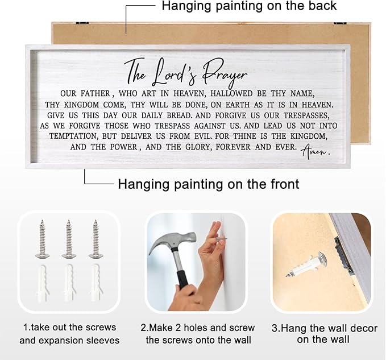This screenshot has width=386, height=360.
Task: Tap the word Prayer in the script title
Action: click(x=225, y=73)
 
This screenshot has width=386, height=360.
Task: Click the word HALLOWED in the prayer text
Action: click(x=231, y=94)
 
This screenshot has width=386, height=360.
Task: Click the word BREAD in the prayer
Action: click(x=180, y=115)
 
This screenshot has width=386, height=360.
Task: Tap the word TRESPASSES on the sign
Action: click(x=306, y=115)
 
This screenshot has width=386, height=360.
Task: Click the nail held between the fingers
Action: click(x=221, y=239)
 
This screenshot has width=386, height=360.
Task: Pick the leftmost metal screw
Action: click(x=42, y=239)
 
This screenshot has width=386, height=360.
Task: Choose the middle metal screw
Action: click(x=69, y=239)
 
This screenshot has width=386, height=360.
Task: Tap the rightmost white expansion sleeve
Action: click(x=96, y=283)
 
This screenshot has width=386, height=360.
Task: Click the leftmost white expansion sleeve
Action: click(x=43, y=283)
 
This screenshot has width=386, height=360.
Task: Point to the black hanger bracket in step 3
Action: click(x=343, y=255)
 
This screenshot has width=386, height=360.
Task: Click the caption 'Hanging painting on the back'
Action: click(x=249, y=6)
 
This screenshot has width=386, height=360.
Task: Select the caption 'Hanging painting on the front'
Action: click(x=209, y=184)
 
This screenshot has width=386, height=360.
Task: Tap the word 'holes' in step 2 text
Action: click(x=196, y=328)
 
